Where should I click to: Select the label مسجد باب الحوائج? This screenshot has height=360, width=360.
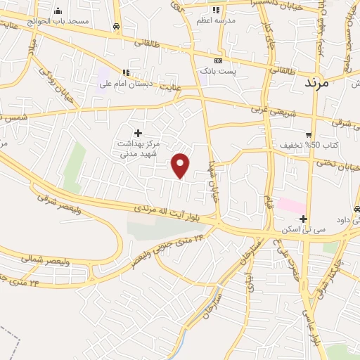[x=64, y=21]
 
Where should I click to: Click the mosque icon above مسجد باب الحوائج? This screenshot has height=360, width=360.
[x=58, y=11]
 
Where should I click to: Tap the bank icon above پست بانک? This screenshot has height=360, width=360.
[x=217, y=61]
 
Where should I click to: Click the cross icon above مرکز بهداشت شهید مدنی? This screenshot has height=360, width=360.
[x=138, y=132]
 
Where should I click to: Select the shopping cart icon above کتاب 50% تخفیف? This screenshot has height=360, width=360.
[x=308, y=134]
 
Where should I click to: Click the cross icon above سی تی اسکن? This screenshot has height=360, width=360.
[x=303, y=219]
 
